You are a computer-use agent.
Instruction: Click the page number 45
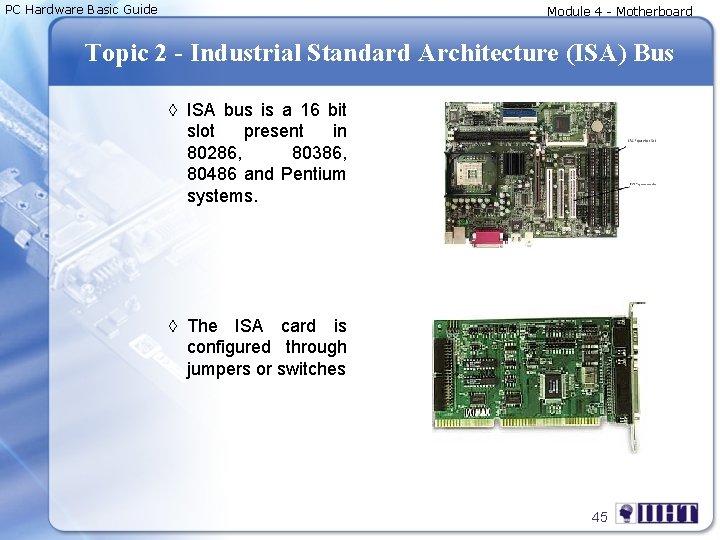tap(599, 517)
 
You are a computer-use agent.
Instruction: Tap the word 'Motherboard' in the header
tap(654, 12)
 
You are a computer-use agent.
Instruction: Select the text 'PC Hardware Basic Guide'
tap(81, 10)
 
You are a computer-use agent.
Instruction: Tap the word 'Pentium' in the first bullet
tap(313, 175)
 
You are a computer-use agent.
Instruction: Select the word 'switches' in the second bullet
tap(312, 369)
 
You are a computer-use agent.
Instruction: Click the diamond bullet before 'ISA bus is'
tap(173, 110)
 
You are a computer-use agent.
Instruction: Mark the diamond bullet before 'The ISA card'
tap(173, 326)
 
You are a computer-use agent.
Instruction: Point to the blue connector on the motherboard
tap(518, 114)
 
